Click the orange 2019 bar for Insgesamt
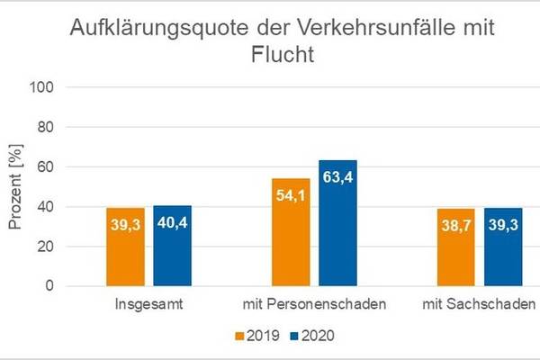pyautogui.click(x=126, y=247)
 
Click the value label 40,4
pyautogui.click(x=172, y=223)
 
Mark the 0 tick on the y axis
pyautogui.click(x=50, y=287)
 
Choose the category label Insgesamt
pyautogui.click(x=149, y=304)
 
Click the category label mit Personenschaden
pyautogui.click(x=314, y=304)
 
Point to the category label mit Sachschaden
pyautogui.click(x=479, y=304)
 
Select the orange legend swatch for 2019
pyautogui.click(x=240, y=336)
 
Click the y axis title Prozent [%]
pyautogui.click(x=15, y=187)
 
